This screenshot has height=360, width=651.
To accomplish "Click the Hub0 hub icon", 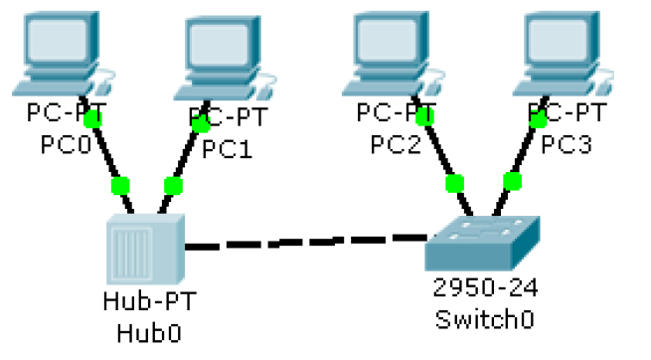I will click(x=143, y=250).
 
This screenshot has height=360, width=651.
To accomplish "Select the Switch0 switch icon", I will click(x=482, y=240).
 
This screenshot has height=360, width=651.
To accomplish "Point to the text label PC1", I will click(x=228, y=150).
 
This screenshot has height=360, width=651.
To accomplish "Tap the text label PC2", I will click(x=397, y=145).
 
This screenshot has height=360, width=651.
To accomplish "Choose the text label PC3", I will click(x=567, y=145).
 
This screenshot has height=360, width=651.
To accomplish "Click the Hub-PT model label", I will click(x=143, y=300).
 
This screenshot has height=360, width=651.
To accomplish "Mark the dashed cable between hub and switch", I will click(x=303, y=242).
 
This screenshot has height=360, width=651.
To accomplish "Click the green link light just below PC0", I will click(x=92, y=120).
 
